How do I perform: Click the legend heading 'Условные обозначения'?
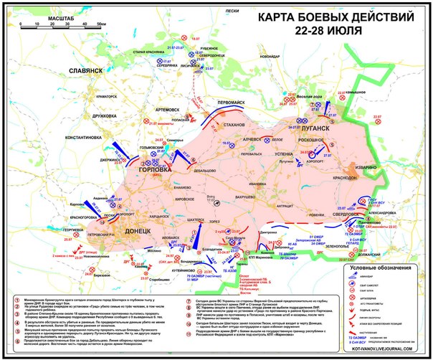(385, 268)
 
